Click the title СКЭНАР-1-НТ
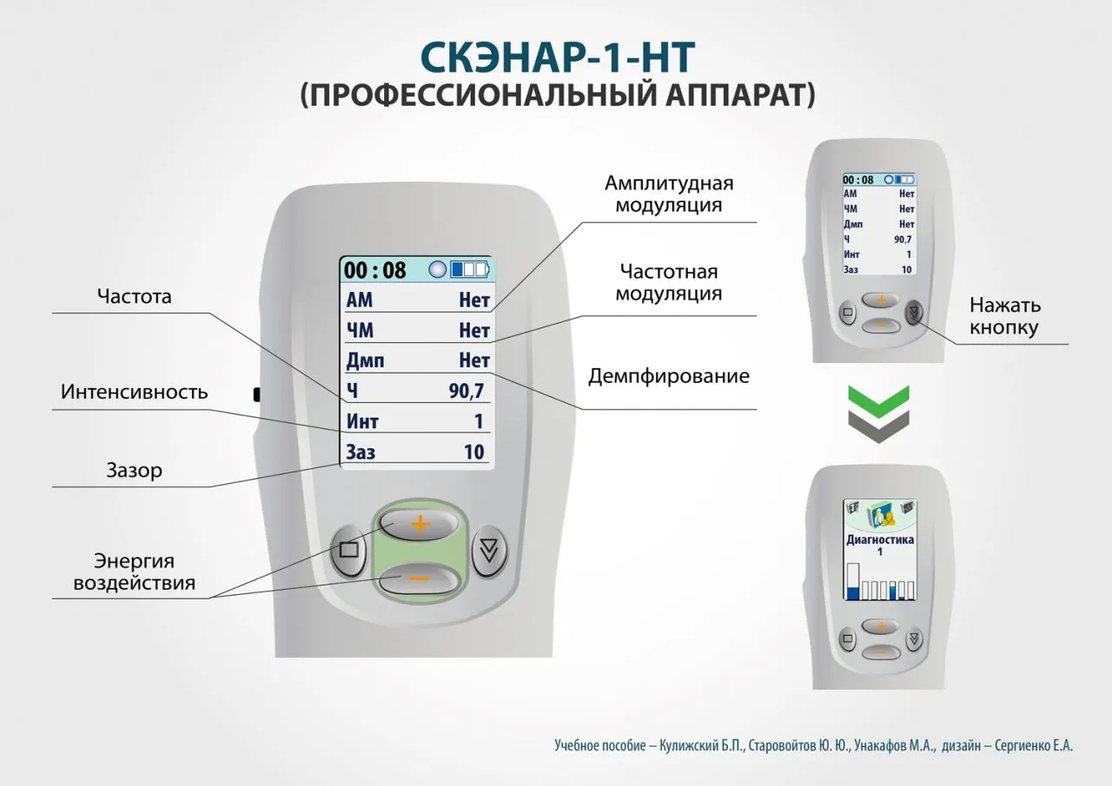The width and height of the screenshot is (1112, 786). (557, 56)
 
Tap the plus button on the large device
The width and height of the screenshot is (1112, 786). (420, 524)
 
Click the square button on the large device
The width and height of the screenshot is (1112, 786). (349, 550)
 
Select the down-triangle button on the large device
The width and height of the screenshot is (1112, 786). (490, 550)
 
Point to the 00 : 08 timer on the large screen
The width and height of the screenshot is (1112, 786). (375, 270)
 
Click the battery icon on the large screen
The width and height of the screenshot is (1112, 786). (469, 269)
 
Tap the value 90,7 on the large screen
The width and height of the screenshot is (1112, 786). (467, 391)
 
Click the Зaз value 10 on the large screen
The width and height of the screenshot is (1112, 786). (473, 452)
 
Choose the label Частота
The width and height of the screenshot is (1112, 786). (135, 297)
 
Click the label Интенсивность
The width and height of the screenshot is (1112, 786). (135, 392)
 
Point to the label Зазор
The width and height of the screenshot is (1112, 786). (135, 471)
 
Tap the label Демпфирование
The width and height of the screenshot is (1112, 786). (669, 377)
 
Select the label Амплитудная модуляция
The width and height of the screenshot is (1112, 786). (669, 194)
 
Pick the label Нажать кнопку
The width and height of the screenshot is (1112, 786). (1004, 316)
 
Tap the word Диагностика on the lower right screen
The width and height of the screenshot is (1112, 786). (880, 539)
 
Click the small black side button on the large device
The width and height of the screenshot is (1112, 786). (257, 394)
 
